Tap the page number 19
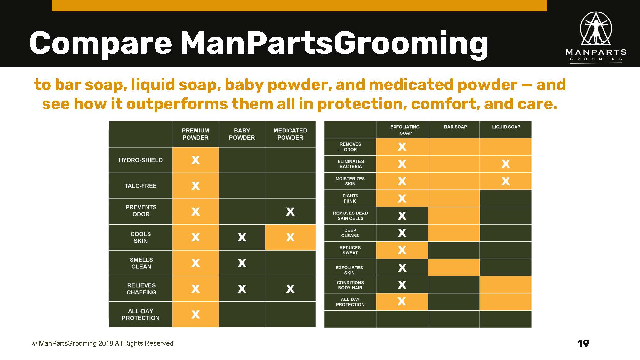(583, 344)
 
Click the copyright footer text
(102, 343)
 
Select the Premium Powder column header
(195, 134)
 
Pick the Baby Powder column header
(242, 134)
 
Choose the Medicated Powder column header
(290, 134)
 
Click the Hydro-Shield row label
(140, 160)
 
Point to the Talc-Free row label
(140, 186)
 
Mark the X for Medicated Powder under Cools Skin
(290, 237)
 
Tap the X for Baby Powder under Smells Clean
(242, 263)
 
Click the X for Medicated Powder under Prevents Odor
(290, 212)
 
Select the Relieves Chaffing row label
(141, 289)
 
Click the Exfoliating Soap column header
(405, 130)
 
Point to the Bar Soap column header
(455, 127)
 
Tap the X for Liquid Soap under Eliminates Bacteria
(506, 164)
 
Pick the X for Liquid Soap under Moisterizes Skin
(506, 181)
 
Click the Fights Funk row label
(350, 198)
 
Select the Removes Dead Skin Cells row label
(350, 216)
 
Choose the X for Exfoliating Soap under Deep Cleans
(402, 233)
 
